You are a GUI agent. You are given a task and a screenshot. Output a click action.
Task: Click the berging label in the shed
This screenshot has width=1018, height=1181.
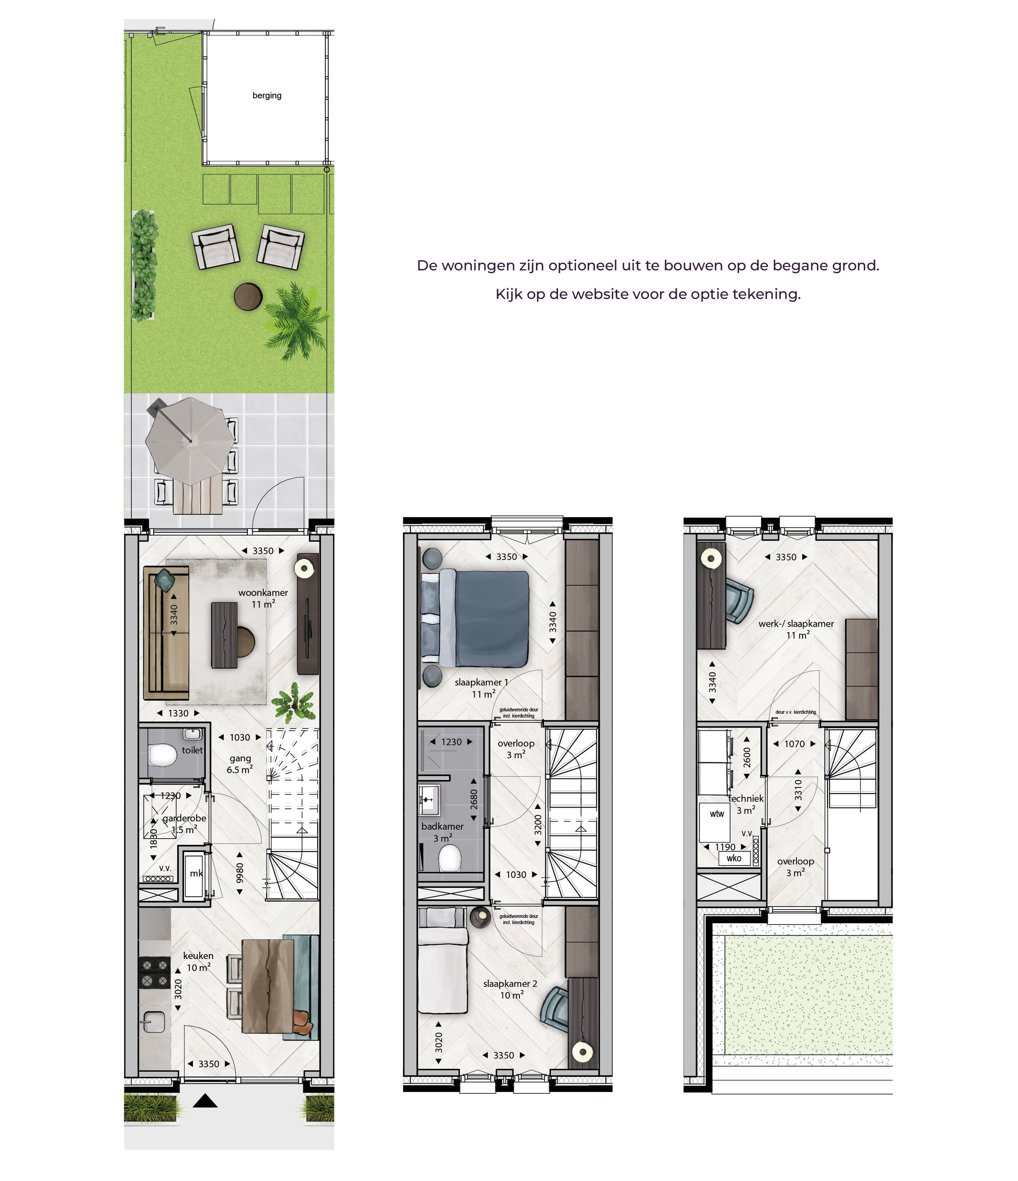pyautogui.click(x=267, y=96)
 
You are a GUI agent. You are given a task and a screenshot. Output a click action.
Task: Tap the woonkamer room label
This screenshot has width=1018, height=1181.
pyautogui.click(x=263, y=592)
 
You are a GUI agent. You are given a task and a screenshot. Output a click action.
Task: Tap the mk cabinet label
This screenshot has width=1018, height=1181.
pyautogui.click(x=196, y=873)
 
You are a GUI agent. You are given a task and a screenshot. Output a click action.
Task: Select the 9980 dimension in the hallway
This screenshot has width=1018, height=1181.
pyautogui.click(x=240, y=873)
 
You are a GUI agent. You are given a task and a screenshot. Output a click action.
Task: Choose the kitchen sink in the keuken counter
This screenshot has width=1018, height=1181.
pyautogui.click(x=153, y=1021)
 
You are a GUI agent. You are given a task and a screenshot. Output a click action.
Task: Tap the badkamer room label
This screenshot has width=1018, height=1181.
pyautogui.click(x=442, y=826)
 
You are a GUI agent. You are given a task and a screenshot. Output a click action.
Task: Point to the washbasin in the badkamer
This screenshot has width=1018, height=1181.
pyautogui.click(x=429, y=800)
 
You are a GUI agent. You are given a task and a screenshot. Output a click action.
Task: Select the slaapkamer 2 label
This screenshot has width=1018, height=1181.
pyautogui.click(x=510, y=983)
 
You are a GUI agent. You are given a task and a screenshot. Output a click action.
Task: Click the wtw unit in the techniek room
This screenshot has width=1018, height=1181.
pyautogui.click(x=717, y=814)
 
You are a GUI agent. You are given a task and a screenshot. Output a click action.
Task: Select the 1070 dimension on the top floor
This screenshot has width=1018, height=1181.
pyautogui.click(x=794, y=744)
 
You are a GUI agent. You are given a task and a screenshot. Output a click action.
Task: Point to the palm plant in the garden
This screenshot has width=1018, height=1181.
pyautogui.click(x=295, y=322)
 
